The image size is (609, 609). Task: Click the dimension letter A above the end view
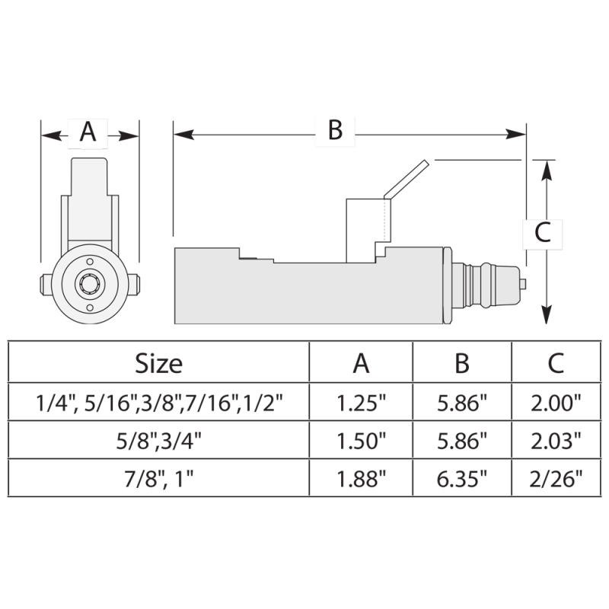pos(88,132)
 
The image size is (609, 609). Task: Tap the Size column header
pos(158,364)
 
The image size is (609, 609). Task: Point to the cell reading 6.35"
pos(462,479)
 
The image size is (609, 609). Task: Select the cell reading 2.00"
pos(556,403)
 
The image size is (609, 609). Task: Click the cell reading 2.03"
pos(556,441)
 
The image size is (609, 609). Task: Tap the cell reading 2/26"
pos(556,479)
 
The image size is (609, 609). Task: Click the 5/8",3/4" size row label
pos(158,442)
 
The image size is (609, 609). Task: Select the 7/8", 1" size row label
pos(158,480)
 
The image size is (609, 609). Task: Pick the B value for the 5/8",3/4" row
pos(462,441)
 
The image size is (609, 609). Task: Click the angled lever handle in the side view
pos(407,180)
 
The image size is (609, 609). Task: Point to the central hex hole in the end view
pos(90,284)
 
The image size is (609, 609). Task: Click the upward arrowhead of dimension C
pos(547,170)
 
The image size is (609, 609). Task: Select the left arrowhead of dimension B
pos(184,135)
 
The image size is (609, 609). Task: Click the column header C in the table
pos(556,364)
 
